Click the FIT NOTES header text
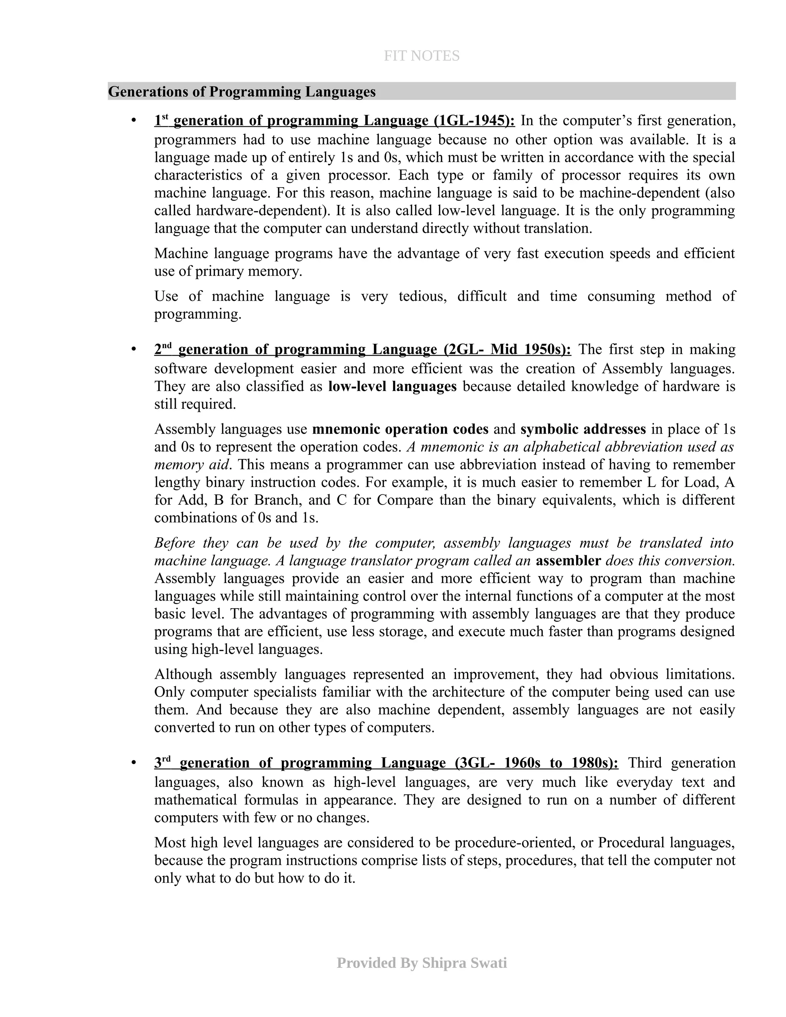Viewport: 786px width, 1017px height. coord(421,56)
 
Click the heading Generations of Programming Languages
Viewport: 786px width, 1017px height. coord(242,92)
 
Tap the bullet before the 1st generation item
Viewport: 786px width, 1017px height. coord(134,121)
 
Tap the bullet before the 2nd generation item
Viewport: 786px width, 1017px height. coord(134,349)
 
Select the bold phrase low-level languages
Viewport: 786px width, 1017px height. coord(392,386)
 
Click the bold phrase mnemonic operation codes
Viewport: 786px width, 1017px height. coord(400,429)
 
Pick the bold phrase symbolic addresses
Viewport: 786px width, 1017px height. coord(583,429)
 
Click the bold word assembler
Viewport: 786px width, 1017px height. coord(568,561)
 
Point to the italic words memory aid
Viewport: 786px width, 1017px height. coord(192,465)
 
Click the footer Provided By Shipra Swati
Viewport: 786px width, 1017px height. coord(421,963)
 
